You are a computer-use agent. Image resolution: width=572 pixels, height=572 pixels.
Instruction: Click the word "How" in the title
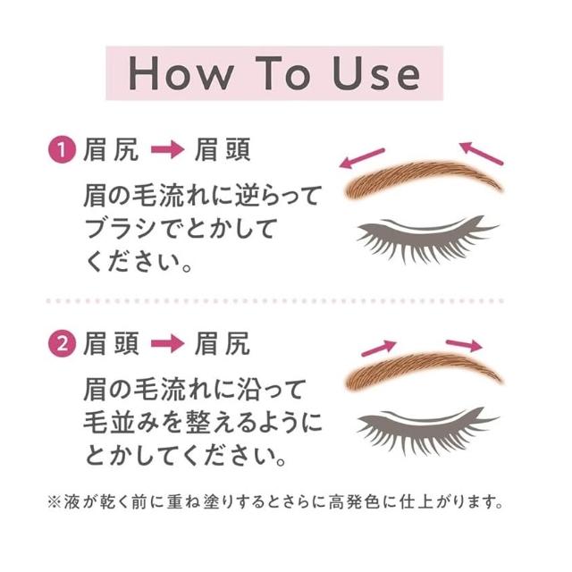click(x=181, y=73)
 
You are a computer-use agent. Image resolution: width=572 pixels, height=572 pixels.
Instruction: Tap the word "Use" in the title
click(x=376, y=73)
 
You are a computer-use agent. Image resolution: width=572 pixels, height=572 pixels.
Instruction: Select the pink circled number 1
click(x=62, y=149)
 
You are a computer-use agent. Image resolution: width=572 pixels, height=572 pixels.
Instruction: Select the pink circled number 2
click(x=62, y=343)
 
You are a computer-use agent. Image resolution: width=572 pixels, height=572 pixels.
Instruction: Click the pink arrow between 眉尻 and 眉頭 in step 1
click(x=167, y=149)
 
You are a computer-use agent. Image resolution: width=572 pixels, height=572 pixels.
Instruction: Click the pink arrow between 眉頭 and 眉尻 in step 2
click(x=167, y=343)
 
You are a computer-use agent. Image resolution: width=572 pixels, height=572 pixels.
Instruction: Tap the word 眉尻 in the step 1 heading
click(x=111, y=149)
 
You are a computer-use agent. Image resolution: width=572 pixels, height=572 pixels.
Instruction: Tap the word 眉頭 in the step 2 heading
click(x=111, y=343)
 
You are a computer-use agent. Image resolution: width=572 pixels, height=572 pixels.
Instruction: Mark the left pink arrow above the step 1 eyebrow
click(x=362, y=158)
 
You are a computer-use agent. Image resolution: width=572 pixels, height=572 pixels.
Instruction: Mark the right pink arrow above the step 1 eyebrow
click(x=481, y=153)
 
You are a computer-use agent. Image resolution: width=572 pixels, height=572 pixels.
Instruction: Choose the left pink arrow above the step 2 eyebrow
click(x=379, y=348)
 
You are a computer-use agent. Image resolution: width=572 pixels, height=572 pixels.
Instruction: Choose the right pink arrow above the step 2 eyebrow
click(x=464, y=344)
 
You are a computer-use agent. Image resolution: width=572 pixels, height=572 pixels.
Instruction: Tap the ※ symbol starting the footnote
click(x=54, y=502)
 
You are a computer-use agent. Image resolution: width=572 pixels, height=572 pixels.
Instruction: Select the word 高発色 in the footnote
click(x=353, y=502)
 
